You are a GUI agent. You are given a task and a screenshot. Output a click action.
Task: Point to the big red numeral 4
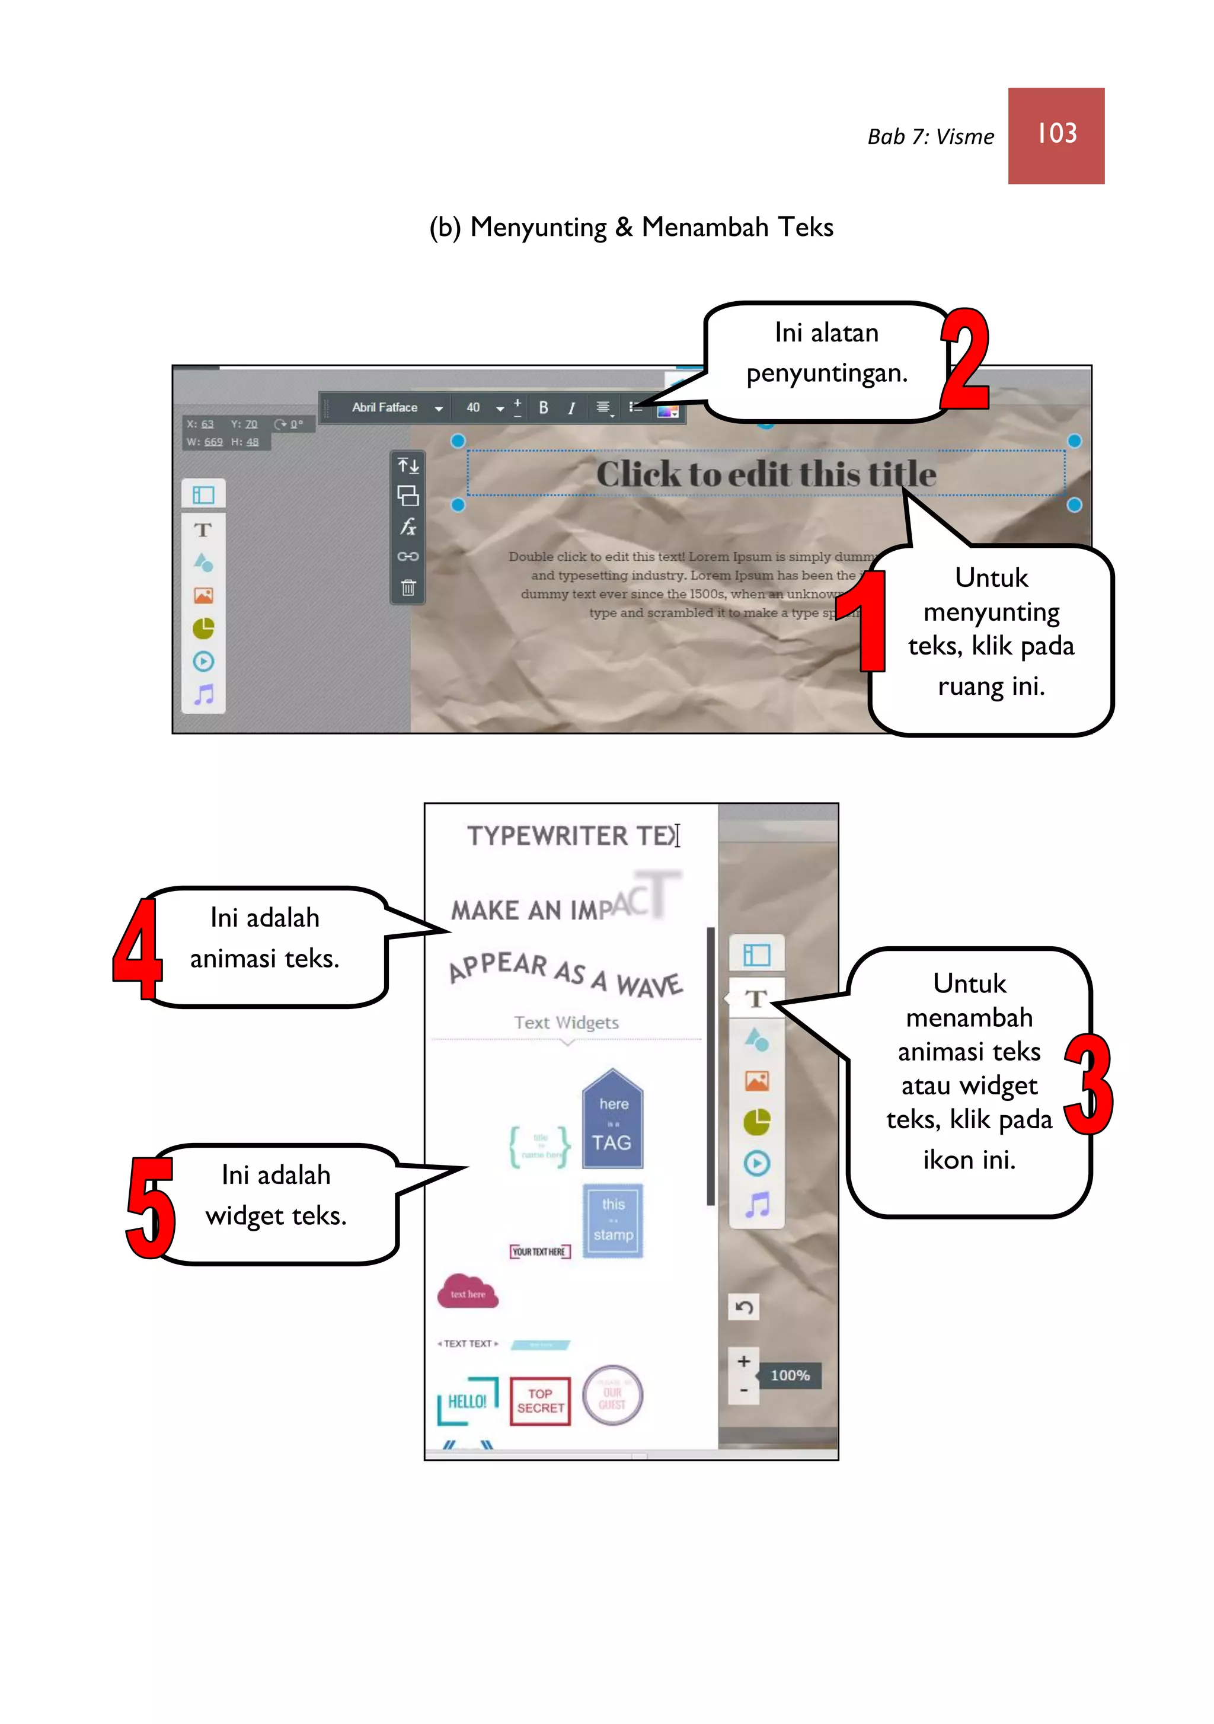click(x=138, y=949)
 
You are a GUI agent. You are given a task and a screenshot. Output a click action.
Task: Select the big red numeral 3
click(x=1088, y=1084)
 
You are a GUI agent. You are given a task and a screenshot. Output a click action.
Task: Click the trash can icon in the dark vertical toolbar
click(x=408, y=587)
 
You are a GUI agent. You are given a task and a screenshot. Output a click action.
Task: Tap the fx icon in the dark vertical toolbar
click(x=408, y=526)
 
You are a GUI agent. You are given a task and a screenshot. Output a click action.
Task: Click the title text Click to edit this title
click(x=765, y=474)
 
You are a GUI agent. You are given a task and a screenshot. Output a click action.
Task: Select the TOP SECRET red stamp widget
click(x=540, y=1401)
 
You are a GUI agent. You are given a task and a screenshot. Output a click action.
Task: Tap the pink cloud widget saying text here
click(x=468, y=1291)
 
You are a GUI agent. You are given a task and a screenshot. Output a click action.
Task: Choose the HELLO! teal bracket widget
click(x=468, y=1401)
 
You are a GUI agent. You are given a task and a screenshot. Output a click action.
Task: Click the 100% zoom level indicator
click(x=790, y=1375)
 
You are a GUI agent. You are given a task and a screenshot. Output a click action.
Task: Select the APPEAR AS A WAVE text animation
click(x=566, y=975)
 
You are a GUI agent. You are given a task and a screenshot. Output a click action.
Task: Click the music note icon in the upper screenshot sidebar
click(x=203, y=695)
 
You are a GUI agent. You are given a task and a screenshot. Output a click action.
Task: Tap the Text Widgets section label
click(x=566, y=1023)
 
